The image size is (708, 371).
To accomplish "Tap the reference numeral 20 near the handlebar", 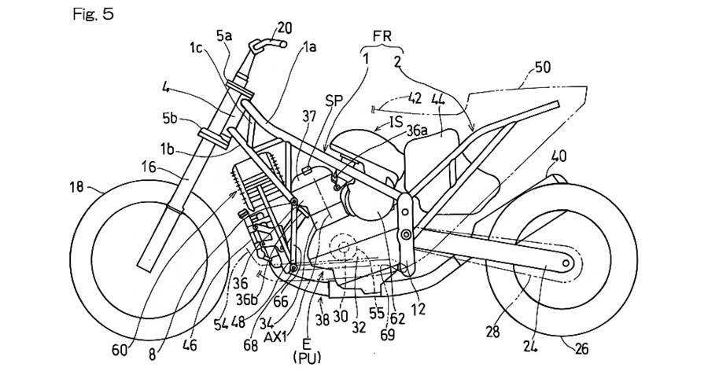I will pos(284,28).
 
